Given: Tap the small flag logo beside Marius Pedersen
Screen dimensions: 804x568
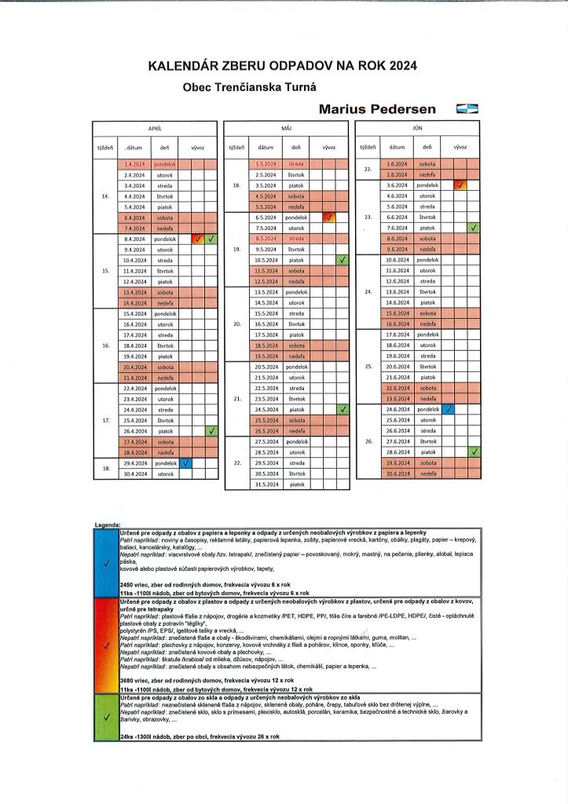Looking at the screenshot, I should point(467,109).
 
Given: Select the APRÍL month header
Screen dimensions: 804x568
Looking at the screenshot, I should point(155,127).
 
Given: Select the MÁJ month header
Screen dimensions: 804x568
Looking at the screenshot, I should point(287,127).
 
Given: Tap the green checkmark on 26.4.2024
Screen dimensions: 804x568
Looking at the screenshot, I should point(211,430).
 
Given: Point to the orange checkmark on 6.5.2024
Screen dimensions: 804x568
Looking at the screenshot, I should point(330,217).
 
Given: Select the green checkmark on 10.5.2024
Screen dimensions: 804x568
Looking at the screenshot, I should point(343,260).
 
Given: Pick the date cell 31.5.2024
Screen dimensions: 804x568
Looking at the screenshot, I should point(266,484).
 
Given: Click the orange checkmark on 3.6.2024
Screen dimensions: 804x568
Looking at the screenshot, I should point(461,185).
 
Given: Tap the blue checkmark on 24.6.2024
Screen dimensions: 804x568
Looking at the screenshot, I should point(448,409).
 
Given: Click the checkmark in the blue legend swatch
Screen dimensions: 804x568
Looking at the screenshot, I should point(105,562).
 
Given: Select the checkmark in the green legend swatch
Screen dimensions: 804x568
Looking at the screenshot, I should point(105,718).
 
